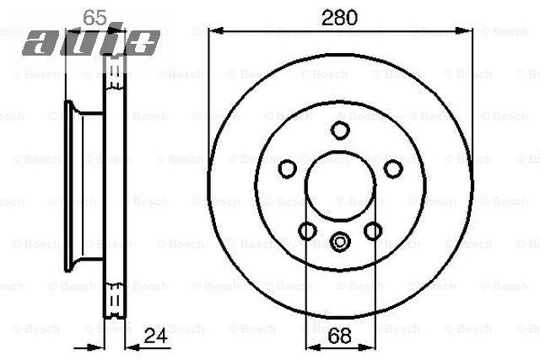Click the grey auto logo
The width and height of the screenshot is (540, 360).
pyautogui.click(x=91, y=40)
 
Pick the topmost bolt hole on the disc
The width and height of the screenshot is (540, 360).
pyautogui.click(x=340, y=130)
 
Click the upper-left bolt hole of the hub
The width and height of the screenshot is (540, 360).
pyautogui.click(x=288, y=169)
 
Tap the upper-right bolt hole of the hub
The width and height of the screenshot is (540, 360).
pyautogui.click(x=392, y=169)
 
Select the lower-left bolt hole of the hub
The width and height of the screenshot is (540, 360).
pyautogui.click(x=308, y=230)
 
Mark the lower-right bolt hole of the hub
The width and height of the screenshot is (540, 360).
pyautogui.click(x=372, y=230)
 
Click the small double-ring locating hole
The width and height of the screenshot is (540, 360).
pyautogui.click(x=340, y=242)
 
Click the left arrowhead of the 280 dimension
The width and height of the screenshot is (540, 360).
pyautogui.click(x=213, y=30)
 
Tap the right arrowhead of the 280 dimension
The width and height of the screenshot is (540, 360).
pyautogui.click(x=467, y=30)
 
